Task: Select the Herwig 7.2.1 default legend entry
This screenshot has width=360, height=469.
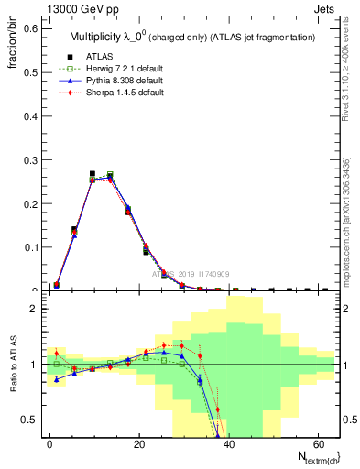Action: (115, 68)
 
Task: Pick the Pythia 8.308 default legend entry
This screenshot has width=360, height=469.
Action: (115, 80)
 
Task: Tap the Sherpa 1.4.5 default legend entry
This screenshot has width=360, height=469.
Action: (117, 92)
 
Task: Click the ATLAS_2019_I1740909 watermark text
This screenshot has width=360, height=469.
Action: (190, 274)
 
